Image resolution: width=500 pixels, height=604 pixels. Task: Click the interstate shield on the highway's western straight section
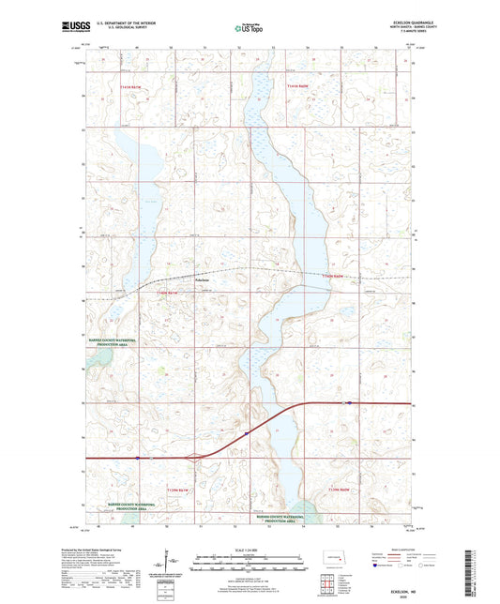click(x=138, y=459)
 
